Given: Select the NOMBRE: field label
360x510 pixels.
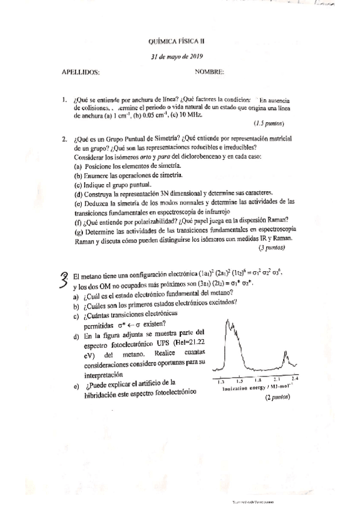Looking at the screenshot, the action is tap(209, 72).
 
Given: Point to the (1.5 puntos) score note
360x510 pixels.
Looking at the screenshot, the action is tap(269, 123).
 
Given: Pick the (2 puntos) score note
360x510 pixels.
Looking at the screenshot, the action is tap(278, 398).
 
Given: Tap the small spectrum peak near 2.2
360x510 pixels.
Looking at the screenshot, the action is tap(287, 359).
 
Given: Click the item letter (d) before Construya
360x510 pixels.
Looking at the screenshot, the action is tap(78, 193).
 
